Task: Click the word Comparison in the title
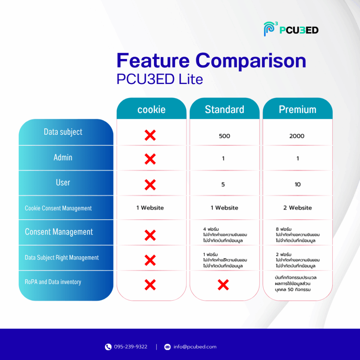251,60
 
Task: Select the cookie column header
151,110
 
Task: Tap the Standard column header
224,109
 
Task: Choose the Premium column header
297,109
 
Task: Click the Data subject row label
63,132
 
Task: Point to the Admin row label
63,157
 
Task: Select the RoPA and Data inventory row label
53,282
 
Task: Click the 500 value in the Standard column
224,136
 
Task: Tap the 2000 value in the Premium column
297,136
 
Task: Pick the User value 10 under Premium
297,184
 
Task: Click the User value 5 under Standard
223,184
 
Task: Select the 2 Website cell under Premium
297,208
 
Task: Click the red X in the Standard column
223,285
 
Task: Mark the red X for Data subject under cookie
150,135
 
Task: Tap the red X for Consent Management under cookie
150,235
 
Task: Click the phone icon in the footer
108,347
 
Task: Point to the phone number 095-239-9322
131,347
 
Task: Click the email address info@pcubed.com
195,347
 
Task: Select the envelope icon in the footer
167,347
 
